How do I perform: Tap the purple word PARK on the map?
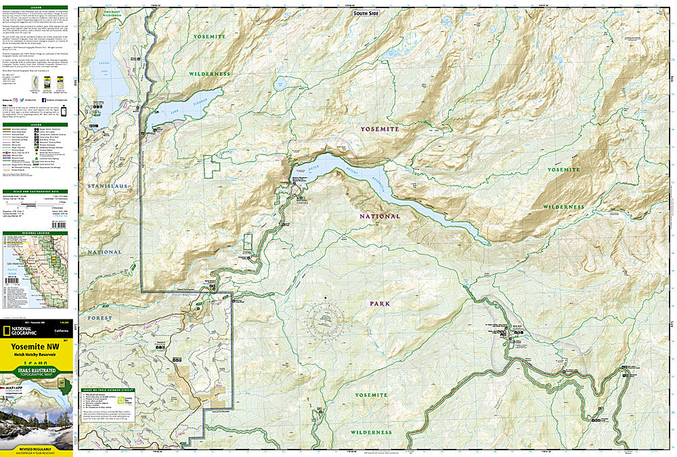380,304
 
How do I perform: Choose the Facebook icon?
43,100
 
